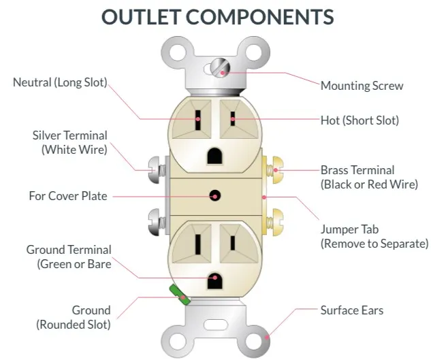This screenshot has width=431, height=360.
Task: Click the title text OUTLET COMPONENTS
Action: coord(217,16)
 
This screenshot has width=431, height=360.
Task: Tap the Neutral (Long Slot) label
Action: coord(60,82)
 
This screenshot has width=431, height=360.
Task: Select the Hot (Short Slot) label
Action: coord(360,120)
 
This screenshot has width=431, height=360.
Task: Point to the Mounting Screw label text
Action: coord(362,86)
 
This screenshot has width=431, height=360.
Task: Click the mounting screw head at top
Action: coord(219,67)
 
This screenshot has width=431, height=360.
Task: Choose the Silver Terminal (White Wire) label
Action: coord(69,142)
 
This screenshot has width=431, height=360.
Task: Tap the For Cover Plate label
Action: coord(67,196)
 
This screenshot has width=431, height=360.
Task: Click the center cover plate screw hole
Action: coord(215,196)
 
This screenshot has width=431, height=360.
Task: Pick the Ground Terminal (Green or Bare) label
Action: coord(68,257)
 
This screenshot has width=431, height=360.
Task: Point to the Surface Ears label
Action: coord(351,310)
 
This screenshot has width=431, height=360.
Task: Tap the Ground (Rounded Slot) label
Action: coord(73,317)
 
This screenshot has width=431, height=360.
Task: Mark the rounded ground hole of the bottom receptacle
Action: coord(215,278)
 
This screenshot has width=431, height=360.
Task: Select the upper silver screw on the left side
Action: coord(154,165)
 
